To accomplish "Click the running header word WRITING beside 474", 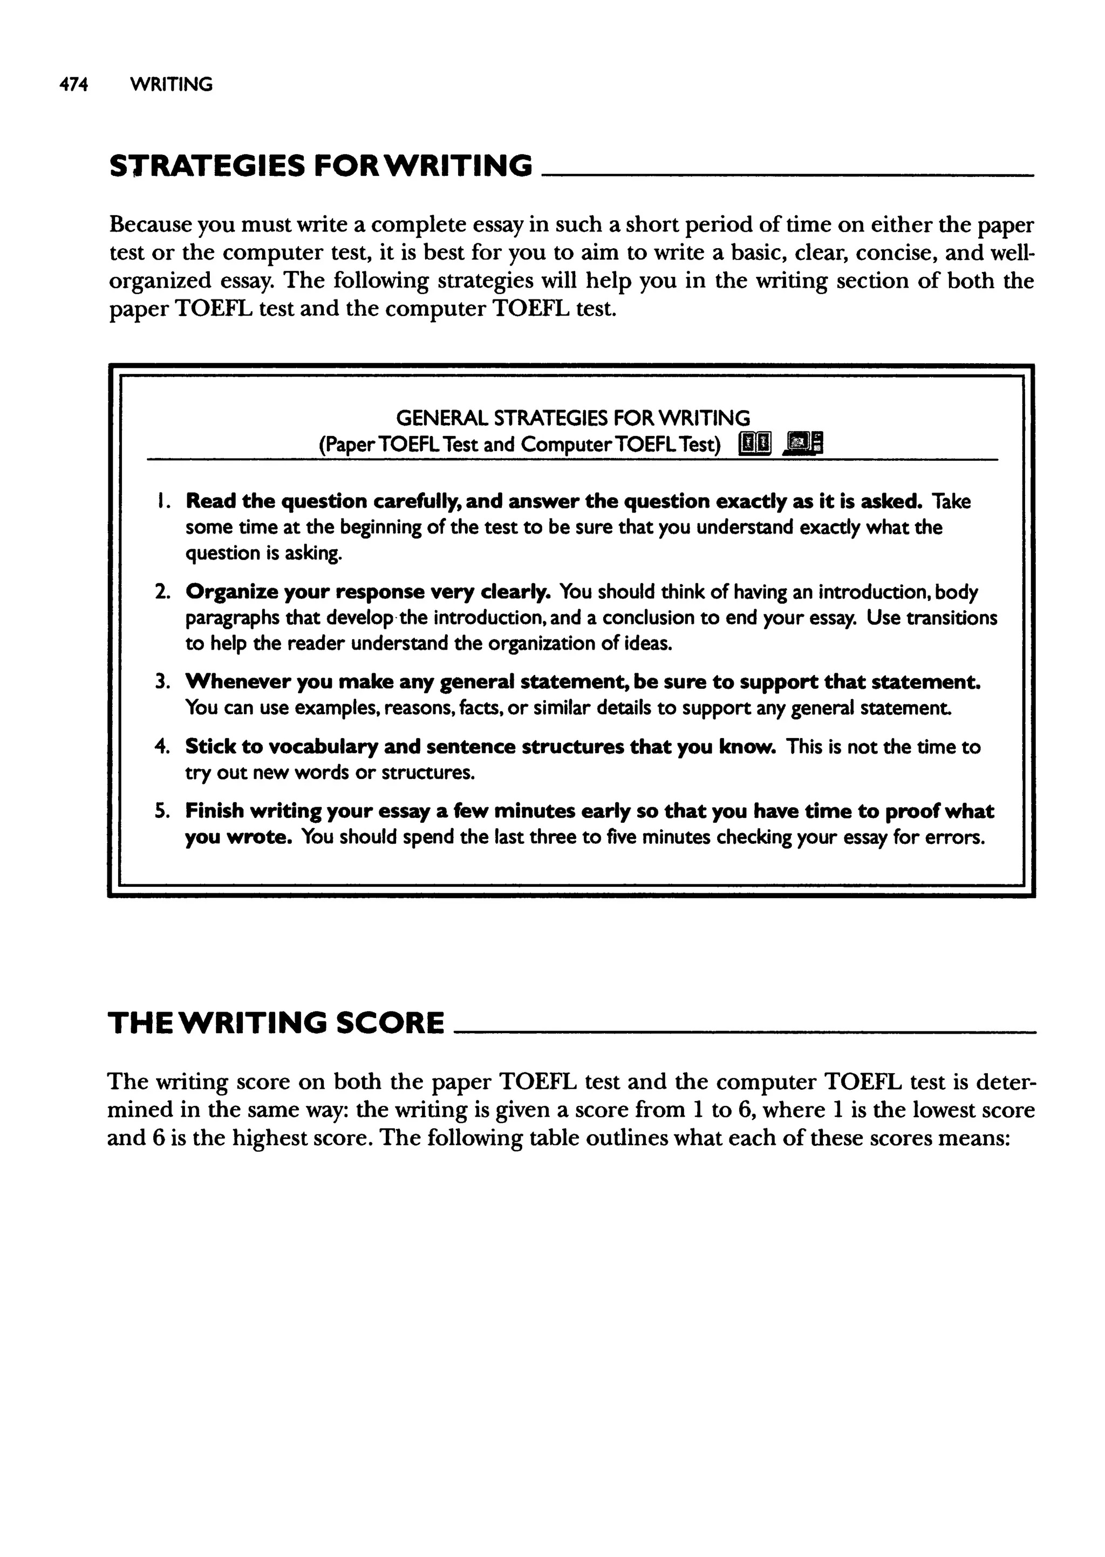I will coord(171,85).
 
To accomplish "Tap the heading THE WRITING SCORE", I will coord(276,1023).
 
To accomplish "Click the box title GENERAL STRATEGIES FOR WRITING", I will coord(573,417).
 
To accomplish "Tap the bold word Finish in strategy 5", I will coord(214,811).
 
